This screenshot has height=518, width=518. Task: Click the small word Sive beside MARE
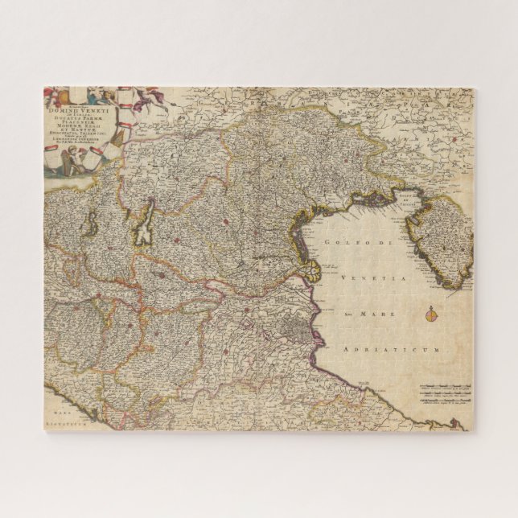click(347, 314)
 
